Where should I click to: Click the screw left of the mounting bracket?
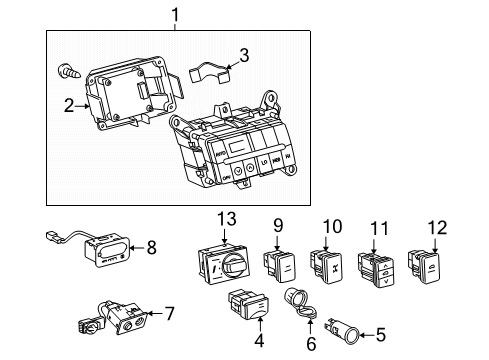pyautogui.click(x=67, y=71)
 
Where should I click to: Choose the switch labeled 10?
pyautogui.click(x=329, y=263)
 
